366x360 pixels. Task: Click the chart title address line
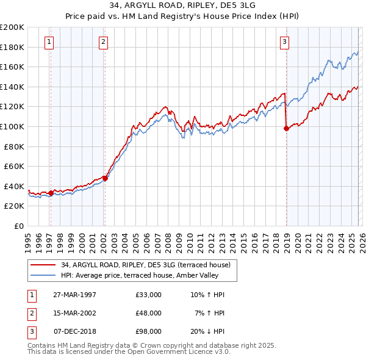pyautogui.click(x=183, y=5)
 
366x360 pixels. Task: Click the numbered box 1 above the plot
pyautogui.click(x=49, y=42)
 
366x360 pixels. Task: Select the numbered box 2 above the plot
pyautogui.click(x=104, y=42)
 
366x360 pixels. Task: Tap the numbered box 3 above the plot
pyautogui.click(x=285, y=42)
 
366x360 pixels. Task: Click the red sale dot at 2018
pyautogui.click(x=286, y=128)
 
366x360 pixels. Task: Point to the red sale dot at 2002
pyautogui.click(x=105, y=178)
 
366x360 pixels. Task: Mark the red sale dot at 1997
pyautogui.click(x=51, y=193)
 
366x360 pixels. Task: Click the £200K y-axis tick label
pyautogui.click(x=12, y=27)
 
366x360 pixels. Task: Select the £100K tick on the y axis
pyautogui.click(x=12, y=126)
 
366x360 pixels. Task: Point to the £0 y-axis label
pyautogui.click(x=18, y=226)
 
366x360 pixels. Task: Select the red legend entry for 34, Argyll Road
pyautogui.click(x=145, y=265)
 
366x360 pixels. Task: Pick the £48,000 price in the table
pyautogui.click(x=149, y=313)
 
